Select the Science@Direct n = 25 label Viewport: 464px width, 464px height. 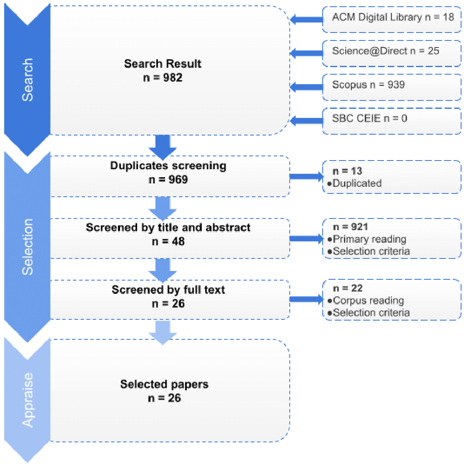point(386,51)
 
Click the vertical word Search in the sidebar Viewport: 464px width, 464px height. point(28,80)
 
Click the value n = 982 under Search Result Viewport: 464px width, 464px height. point(163,78)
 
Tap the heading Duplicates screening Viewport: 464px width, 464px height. point(168,166)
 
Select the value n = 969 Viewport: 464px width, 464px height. point(168,180)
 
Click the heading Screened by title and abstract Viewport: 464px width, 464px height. point(168,228)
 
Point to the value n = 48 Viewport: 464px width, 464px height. point(168,241)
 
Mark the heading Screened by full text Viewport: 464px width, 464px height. point(168,290)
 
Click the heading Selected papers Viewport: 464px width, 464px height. point(164,384)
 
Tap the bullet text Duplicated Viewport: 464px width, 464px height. point(357,183)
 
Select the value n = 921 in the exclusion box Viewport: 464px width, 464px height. point(350,227)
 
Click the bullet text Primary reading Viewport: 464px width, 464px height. point(369,239)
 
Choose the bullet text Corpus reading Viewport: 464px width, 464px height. point(369,301)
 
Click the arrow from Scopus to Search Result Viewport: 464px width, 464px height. point(306,87)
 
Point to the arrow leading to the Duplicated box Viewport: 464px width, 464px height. point(306,177)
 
